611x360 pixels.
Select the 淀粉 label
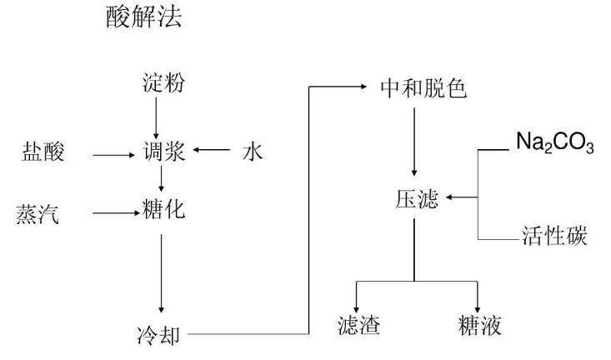tap(162, 84)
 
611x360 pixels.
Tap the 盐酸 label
tap(43, 152)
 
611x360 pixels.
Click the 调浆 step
tap(162, 152)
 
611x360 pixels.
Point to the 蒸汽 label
tap(38, 213)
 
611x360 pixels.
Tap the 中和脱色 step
tap(413, 87)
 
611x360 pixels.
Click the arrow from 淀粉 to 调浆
tap(161, 116)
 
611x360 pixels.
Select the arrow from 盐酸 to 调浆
tap(112, 153)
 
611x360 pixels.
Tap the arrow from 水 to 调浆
tap(211, 152)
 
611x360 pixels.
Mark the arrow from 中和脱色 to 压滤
tap(413, 142)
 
